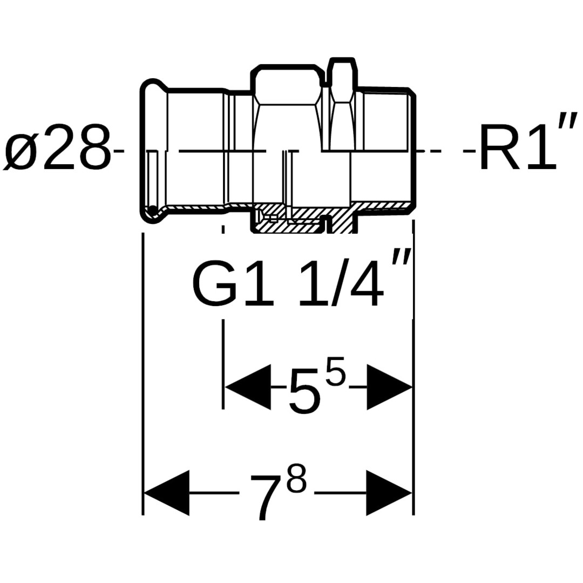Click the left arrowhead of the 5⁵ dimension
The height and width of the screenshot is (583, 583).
[x=248, y=387]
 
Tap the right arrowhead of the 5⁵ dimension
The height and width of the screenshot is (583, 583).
[x=389, y=387]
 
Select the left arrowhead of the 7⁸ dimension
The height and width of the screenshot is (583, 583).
[x=166, y=493]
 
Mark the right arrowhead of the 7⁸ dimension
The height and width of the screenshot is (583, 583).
[x=389, y=493]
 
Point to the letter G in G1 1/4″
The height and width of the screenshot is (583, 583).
[x=215, y=286]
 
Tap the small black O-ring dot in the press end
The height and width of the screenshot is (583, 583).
[x=153, y=210]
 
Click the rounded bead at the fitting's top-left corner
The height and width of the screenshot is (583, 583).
[x=154, y=86]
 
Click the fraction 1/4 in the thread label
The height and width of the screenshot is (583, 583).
[x=340, y=286]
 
